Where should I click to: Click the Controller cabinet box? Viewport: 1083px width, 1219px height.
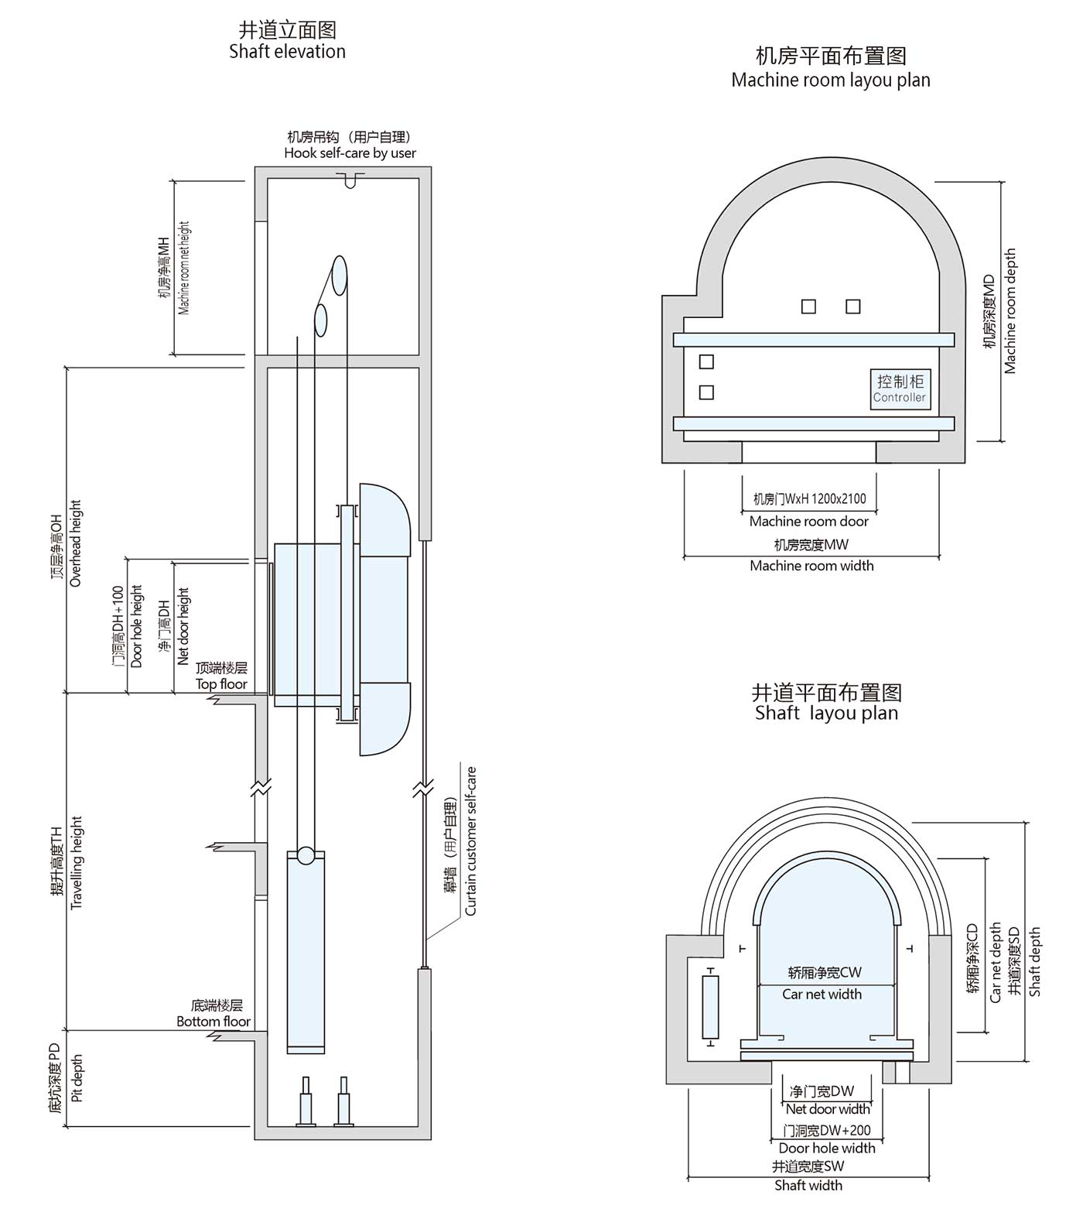pos(900,389)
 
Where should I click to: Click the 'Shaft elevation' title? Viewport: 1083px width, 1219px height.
pos(287,52)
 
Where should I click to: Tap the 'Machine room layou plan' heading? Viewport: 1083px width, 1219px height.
pos(830,80)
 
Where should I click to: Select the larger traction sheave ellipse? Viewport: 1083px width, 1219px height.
pos(339,276)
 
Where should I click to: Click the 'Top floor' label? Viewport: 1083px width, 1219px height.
pos(221,684)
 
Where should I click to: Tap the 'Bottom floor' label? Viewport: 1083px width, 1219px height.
pos(214,1022)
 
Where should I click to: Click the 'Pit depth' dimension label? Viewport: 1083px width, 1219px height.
pos(77,1078)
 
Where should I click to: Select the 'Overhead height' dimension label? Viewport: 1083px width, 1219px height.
pos(75,543)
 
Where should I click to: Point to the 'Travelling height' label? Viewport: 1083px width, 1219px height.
pos(76,863)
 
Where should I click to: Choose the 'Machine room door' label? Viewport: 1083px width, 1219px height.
pos(808,522)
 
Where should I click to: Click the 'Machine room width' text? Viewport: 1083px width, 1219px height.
pos(811,566)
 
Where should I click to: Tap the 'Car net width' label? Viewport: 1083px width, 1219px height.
pos(822,995)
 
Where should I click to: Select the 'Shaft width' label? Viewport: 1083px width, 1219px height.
pos(808,1185)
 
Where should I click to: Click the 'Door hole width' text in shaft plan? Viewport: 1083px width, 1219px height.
pos(827,1148)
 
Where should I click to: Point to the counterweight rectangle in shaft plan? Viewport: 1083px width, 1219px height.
pos(709,1007)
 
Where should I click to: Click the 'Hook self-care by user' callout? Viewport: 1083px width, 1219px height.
pos(350,153)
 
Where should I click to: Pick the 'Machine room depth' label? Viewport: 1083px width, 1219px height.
pos(1010,311)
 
